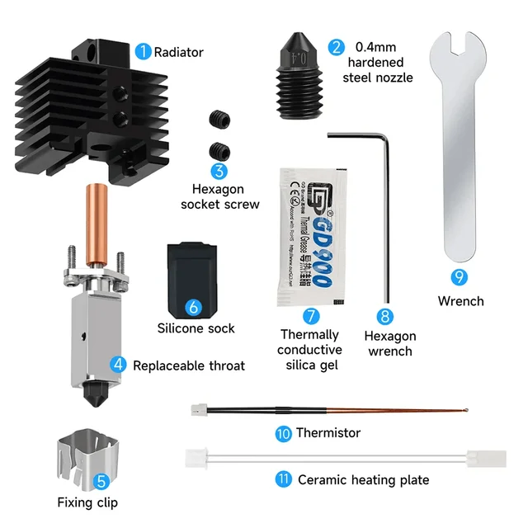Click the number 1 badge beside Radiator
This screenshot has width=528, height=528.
(143, 51)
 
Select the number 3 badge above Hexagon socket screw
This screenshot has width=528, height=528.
(219, 171)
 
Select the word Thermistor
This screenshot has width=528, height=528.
(328, 432)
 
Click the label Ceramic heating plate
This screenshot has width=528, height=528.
(363, 479)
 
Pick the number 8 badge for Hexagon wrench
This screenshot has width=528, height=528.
(385, 317)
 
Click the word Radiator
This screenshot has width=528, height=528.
(178, 52)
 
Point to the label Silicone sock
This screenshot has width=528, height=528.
(196, 328)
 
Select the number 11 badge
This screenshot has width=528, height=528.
(284, 479)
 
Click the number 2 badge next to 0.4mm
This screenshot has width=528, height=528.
(335, 47)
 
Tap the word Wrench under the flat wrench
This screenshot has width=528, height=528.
(460, 301)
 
